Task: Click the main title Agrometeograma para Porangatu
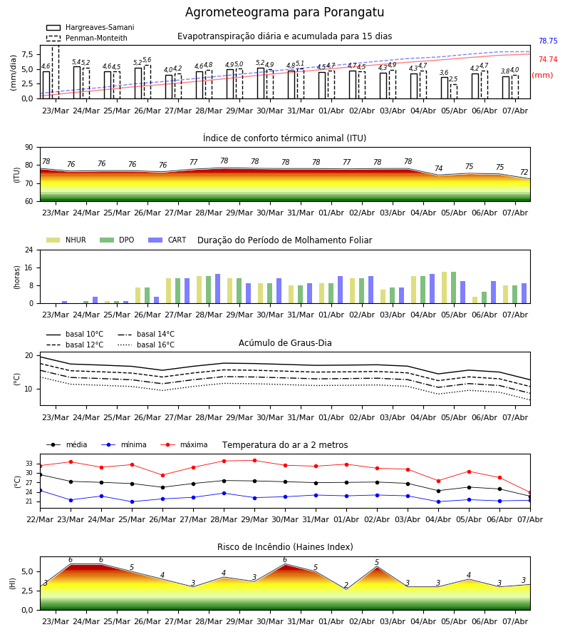[284, 12]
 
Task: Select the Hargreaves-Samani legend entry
[90, 27]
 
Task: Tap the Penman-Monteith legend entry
[87, 38]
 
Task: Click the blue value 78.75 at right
[548, 41]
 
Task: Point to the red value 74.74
[548, 59]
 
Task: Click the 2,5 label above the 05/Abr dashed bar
[453, 78]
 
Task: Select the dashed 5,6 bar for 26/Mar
[147, 82]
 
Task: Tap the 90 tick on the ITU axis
[29, 148]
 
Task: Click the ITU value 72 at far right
[524, 172]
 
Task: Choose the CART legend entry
[167, 240]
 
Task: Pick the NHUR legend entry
[66, 240]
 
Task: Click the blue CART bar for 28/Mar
[217, 289]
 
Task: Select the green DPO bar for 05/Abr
[453, 287]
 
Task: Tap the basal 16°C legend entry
[146, 345]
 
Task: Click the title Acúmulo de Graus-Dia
[285, 342]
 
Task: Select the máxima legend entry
[184, 444]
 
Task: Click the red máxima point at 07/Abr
[530, 492]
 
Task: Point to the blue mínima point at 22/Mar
[40, 490]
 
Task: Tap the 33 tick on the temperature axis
[29, 464]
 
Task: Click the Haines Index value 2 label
[346, 585]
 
